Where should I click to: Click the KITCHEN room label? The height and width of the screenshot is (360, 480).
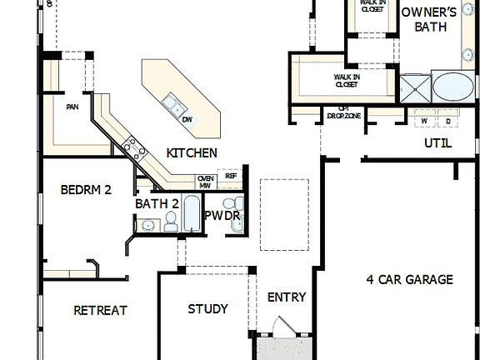pyautogui.click(x=192, y=152)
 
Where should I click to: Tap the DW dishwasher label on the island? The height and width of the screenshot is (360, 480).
pyautogui.click(x=187, y=119)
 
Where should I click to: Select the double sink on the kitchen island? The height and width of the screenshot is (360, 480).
pyautogui.click(x=174, y=104)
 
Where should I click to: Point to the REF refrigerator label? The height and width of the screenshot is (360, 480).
pyautogui.click(x=231, y=176)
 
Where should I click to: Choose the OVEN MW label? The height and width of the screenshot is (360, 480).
pyautogui.click(x=205, y=181)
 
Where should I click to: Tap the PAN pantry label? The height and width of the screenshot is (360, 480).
pyautogui.click(x=72, y=107)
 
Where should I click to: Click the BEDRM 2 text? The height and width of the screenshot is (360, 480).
pyautogui.click(x=86, y=189)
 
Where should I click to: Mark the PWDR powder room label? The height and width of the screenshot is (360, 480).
pyautogui.click(x=222, y=216)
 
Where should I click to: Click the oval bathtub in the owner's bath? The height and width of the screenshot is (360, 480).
pyautogui.click(x=452, y=87)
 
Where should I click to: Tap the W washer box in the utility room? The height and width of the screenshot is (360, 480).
pyautogui.click(x=423, y=121)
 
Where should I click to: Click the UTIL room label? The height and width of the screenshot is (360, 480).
pyautogui.click(x=437, y=142)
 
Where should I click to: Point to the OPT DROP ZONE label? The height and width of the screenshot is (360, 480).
pyautogui.click(x=342, y=113)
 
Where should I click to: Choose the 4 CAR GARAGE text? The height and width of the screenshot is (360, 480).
pyautogui.click(x=410, y=279)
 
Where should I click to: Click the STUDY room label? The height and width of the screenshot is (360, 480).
pyautogui.click(x=207, y=308)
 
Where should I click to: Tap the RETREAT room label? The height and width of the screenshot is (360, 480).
pyautogui.click(x=100, y=310)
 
